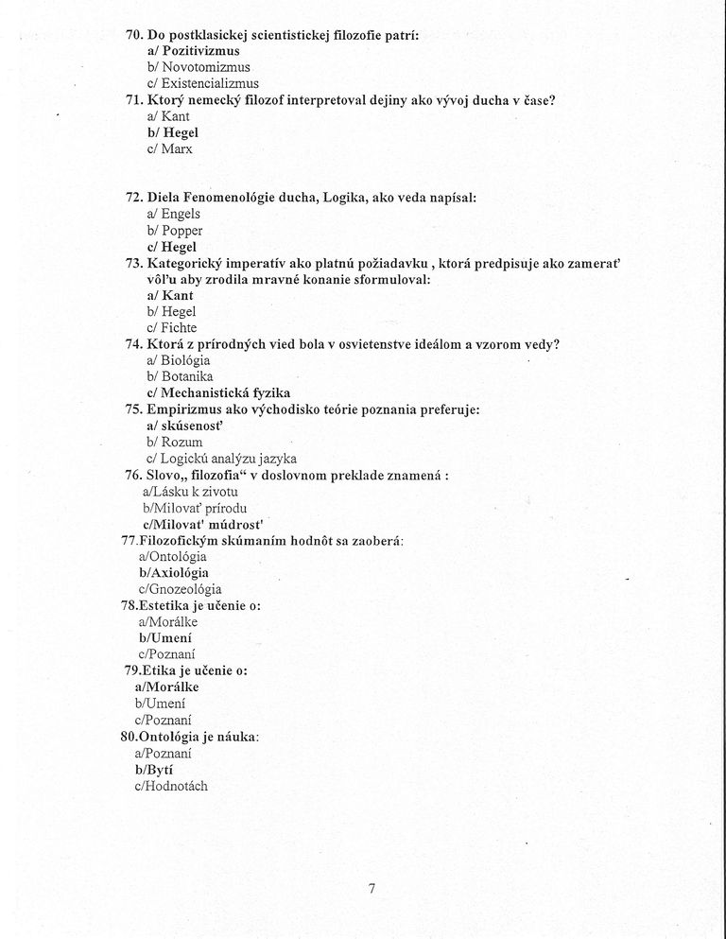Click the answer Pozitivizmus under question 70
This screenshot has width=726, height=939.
click(200, 51)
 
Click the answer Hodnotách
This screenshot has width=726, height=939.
click(176, 786)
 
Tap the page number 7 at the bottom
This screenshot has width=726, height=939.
click(372, 888)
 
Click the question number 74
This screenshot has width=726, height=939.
click(133, 344)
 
